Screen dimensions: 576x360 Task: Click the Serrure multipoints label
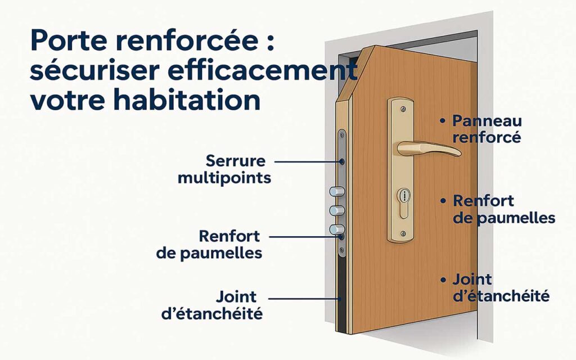point(224,169)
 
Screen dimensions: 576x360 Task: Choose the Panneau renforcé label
point(487,129)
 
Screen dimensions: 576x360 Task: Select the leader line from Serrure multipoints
point(308,161)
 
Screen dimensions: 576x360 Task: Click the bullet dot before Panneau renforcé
point(443,121)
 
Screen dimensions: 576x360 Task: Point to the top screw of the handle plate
point(403,109)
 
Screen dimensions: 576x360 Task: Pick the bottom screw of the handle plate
point(403,233)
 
